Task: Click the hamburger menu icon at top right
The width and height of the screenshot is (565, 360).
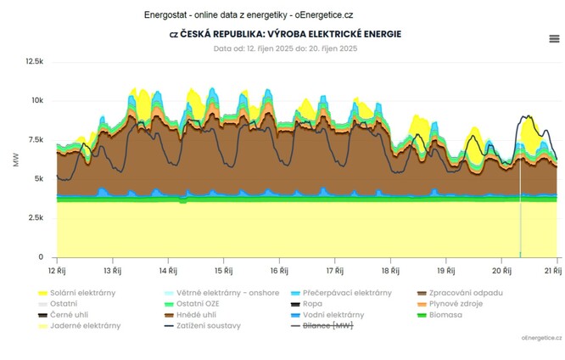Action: pyautogui.click(x=554, y=38)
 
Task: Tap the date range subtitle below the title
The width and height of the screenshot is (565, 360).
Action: pyautogui.click(x=285, y=48)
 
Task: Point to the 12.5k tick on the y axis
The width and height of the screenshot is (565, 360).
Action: pyautogui.click(x=35, y=62)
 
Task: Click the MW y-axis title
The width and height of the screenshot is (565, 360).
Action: pyautogui.click(x=15, y=160)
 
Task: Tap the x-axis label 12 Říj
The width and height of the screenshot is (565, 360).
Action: pyautogui.click(x=57, y=270)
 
